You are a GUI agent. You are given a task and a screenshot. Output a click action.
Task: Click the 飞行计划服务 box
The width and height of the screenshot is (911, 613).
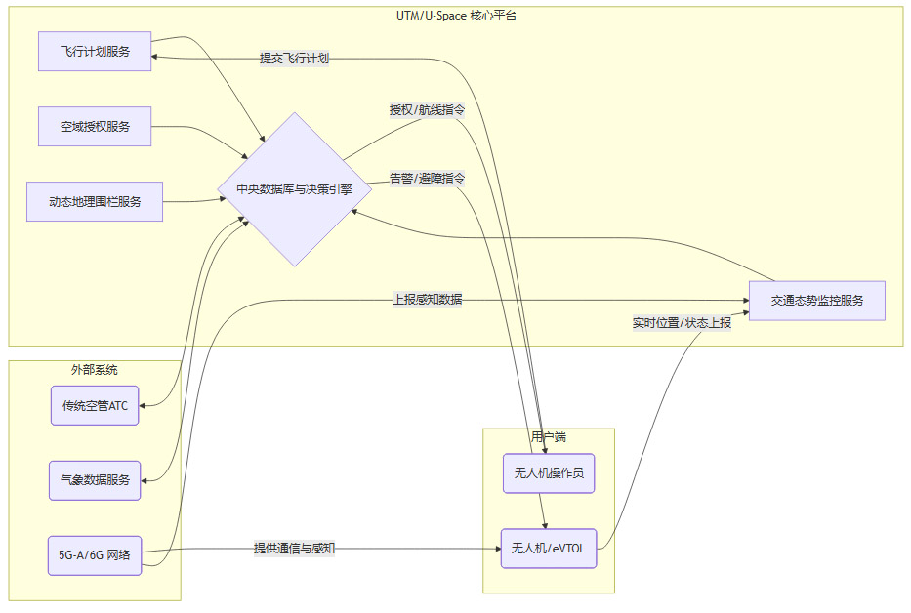pyautogui.click(x=95, y=51)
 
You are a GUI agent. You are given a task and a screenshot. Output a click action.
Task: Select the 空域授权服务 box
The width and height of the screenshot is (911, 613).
pyautogui.click(x=95, y=127)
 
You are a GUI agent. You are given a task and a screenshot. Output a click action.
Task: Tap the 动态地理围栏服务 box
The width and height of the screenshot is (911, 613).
pyautogui.click(x=95, y=202)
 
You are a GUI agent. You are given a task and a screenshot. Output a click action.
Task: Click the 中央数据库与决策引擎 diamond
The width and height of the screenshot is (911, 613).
pyautogui.click(x=294, y=189)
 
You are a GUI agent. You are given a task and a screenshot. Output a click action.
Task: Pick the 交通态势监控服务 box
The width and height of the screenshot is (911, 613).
pyautogui.click(x=816, y=301)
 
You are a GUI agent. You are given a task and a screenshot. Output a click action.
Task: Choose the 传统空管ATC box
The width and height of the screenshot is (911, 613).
pyautogui.click(x=95, y=406)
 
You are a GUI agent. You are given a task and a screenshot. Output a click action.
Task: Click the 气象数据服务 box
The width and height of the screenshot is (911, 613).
pyautogui.click(x=95, y=480)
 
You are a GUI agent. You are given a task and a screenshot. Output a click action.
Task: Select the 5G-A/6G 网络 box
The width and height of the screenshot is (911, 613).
pyautogui.click(x=95, y=555)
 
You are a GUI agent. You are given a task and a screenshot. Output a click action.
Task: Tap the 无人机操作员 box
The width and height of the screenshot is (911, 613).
pyautogui.click(x=548, y=473)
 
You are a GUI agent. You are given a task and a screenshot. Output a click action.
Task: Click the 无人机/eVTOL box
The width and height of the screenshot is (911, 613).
pyautogui.click(x=548, y=549)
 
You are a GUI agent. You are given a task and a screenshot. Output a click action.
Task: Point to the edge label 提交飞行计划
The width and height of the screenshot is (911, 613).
pyautogui.click(x=294, y=59)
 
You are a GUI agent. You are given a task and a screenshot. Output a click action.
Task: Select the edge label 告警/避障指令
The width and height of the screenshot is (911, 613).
pyautogui.click(x=427, y=179)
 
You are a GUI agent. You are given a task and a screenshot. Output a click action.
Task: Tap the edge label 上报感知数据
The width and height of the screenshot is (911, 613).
pyautogui.click(x=427, y=300)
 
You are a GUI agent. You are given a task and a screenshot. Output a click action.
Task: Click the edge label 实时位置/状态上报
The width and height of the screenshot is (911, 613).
pyautogui.click(x=682, y=322)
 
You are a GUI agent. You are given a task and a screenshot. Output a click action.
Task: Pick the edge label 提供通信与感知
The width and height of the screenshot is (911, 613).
pyautogui.click(x=294, y=549)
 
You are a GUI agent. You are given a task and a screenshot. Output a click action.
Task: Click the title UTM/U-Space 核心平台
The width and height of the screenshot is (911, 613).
pyautogui.click(x=456, y=16)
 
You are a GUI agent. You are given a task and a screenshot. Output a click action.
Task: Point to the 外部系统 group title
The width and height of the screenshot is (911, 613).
pyautogui.click(x=95, y=370)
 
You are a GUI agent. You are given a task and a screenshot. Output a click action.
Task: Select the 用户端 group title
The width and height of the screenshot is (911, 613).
pyautogui.click(x=548, y=437)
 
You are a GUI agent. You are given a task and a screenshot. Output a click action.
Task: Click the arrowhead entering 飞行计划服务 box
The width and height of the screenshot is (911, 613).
pyautogui.click(x=156, y=58)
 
